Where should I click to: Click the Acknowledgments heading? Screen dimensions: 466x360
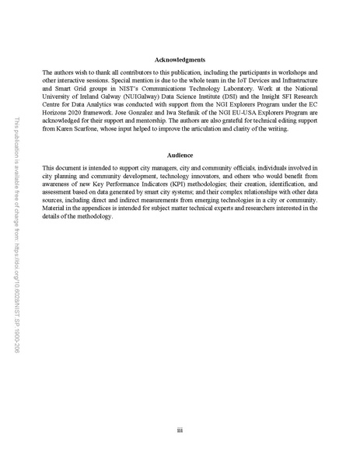pos(180,60)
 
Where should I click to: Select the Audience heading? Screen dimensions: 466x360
pos(180,156)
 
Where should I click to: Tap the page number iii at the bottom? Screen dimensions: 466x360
pos(180,429)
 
